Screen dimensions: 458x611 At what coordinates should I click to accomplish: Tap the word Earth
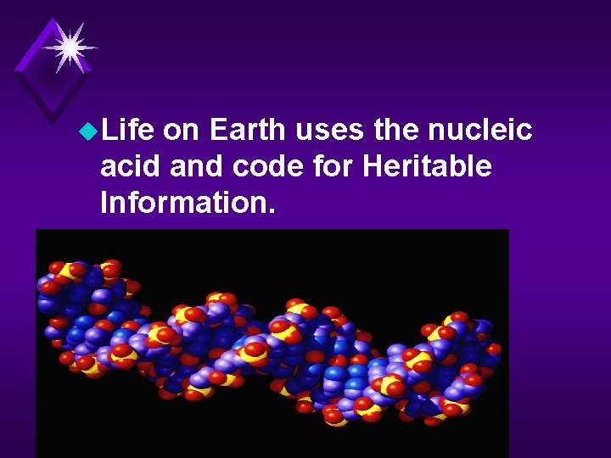(248, 130)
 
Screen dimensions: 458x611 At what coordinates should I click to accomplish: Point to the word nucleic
(483, 130)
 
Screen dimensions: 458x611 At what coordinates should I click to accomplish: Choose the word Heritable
(427, 166)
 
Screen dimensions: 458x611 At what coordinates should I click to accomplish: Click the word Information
(186, 203)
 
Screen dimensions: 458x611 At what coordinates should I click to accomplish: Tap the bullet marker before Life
(87, 131)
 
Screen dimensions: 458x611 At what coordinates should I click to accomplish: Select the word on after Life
(180, 131)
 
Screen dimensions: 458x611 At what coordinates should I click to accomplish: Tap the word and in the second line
(193, 166)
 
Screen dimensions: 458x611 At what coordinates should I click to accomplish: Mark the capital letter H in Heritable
(373, 166)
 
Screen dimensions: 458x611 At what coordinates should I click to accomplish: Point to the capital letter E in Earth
(218, 130)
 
